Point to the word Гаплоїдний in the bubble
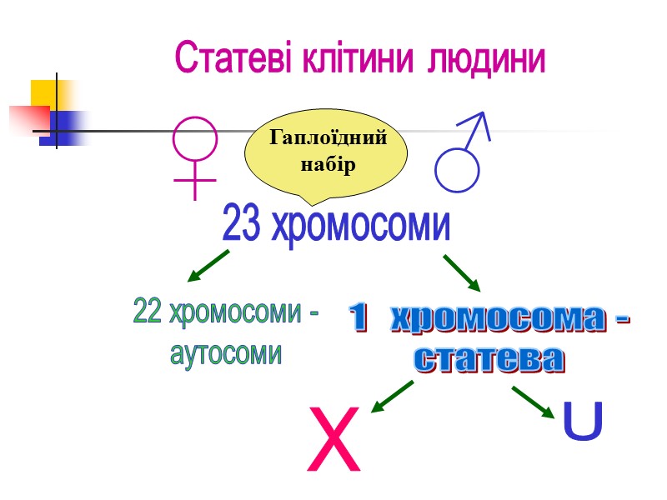[328, 138]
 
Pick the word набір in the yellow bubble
[328, 165]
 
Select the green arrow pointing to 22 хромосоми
[208, 265]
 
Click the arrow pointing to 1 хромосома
[462, 272]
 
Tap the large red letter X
[334, 439]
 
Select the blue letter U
[583, 422]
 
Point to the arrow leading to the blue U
[533, 402]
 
